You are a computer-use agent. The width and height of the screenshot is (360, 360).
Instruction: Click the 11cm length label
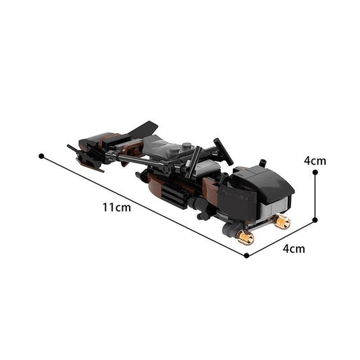coord(117,207)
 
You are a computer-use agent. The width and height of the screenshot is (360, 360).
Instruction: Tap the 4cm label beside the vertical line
coord(315,161)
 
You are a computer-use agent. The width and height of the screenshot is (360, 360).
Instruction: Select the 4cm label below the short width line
coord(293,248)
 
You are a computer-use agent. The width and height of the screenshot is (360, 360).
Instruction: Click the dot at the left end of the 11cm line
coord(42,156)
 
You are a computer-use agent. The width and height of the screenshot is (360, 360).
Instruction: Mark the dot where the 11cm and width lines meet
coord(247,255)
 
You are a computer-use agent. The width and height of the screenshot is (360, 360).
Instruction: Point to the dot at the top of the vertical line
coord(315,172)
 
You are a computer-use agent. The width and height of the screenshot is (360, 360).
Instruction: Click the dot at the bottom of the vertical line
coord(315,220)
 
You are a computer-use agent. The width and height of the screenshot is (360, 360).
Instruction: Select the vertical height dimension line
coord(315,196)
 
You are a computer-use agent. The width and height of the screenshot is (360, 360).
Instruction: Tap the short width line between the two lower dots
coord(281,237)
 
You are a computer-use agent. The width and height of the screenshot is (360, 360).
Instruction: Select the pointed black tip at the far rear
coord(71,146)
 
